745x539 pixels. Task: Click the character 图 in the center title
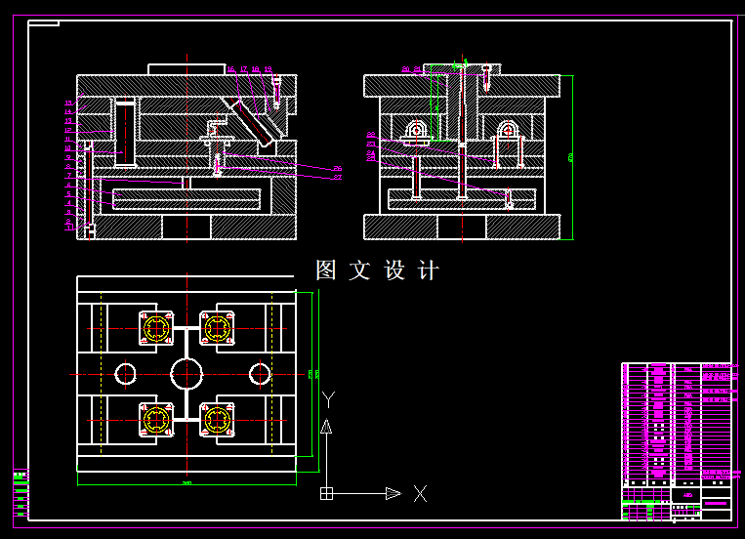[326, 270]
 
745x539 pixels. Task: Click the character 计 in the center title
[429, 270]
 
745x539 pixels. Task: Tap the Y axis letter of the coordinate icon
[329, 399]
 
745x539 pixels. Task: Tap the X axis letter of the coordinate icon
[420, 494]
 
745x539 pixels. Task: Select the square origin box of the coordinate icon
[327, 494]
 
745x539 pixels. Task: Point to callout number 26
[338, 168]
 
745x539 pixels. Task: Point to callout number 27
[338, 178]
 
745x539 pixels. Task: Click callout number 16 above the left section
[230, 69]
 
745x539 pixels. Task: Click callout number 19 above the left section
[268, 69]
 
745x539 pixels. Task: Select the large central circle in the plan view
[186, 373]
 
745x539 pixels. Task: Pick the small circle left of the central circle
[126, 373]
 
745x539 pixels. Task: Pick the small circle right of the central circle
[260, 373]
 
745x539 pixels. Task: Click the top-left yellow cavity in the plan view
[155, 328]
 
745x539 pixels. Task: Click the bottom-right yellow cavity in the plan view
[217, 420]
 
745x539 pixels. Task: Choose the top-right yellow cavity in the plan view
[217, 328]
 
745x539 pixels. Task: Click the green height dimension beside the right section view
[571, 156]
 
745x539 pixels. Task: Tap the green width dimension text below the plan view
[186, 481]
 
